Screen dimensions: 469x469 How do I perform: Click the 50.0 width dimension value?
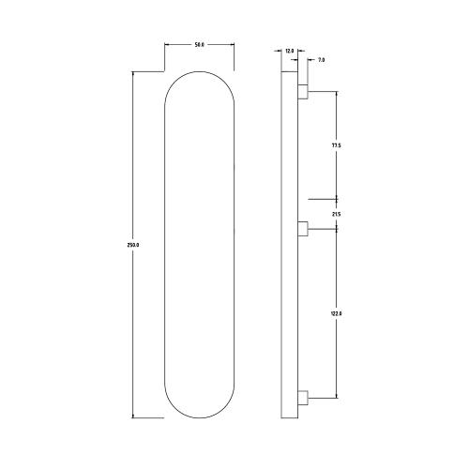(x=199, y=44)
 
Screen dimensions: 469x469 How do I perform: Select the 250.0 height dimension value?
(x=132, y=245)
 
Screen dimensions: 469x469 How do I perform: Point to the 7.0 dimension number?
(x=321, y=60)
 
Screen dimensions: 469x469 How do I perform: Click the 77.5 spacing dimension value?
(x=336, y=145)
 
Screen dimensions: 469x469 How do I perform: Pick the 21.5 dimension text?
(x=336, y=215)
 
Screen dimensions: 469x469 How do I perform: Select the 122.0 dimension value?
(x=336, y=314)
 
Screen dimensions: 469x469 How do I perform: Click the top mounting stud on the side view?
(x=302, y=92)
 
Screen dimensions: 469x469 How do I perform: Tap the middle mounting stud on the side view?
(x=302, y=228)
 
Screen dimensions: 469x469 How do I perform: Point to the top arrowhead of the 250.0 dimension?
(x=132, y=74)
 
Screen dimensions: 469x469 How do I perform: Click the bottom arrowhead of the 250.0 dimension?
(x=132, y=415)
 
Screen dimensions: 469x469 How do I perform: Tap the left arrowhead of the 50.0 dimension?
(x=168, y=44)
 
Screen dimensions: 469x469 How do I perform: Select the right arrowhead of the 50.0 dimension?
(x=231, y=44)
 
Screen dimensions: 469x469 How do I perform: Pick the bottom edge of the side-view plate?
(x=289, y=416)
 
